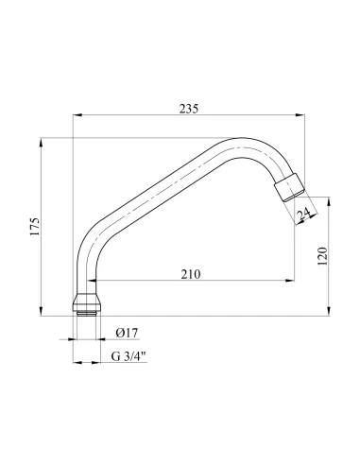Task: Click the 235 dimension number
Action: pos(189,109)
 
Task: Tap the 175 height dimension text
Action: pos(35,226)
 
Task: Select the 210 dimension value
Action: pos(191,274)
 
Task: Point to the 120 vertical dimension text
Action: pos(322,256)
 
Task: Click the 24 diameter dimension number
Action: pos(304,215)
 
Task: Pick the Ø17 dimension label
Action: pos(127,333)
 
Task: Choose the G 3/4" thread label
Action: pos(129,356)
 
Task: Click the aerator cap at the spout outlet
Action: pos(290,187)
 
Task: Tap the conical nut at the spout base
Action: pos(87,301)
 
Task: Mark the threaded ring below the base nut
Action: pos(87,313)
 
